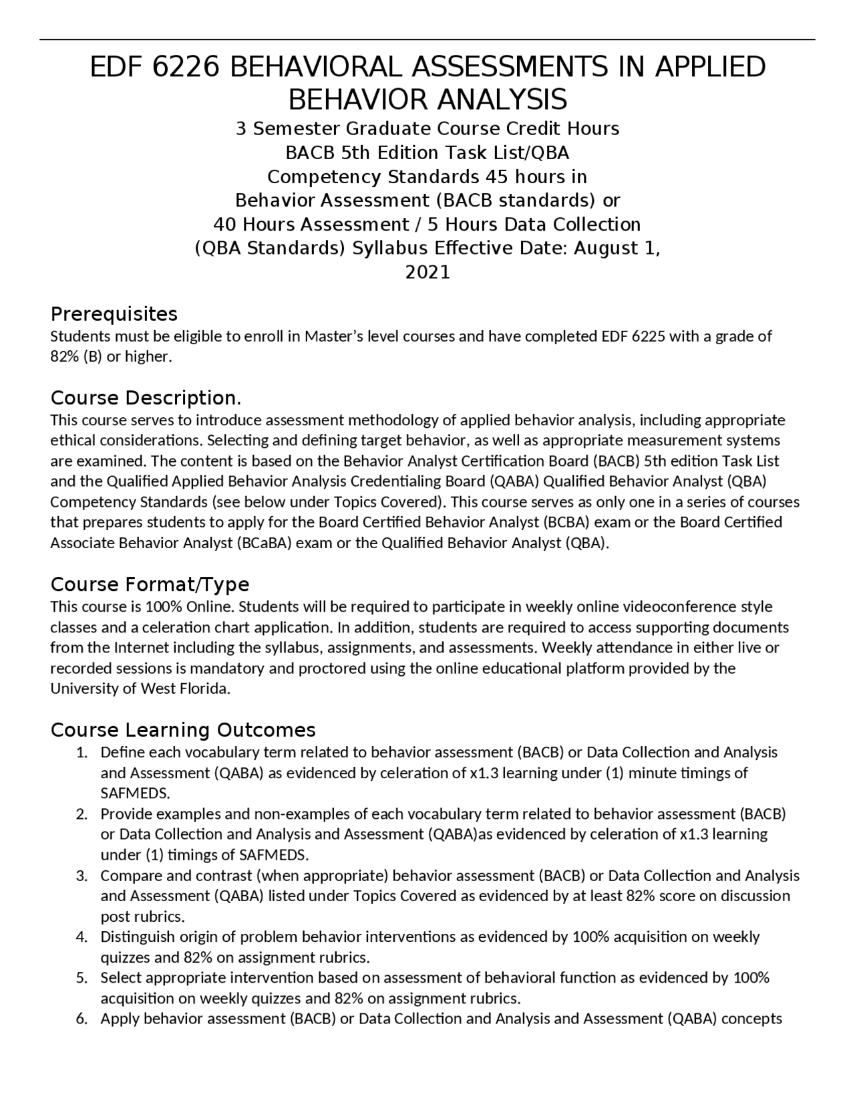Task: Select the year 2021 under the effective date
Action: point(427,272)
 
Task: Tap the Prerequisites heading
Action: point(114,314)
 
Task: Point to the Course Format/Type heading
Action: point(150,584)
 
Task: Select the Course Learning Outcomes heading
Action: point(183,729)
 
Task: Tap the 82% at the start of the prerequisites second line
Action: point(64,357)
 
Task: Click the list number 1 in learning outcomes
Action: point(81,753)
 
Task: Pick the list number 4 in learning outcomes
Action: point(81,937)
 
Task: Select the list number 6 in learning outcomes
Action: point(81,1019)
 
